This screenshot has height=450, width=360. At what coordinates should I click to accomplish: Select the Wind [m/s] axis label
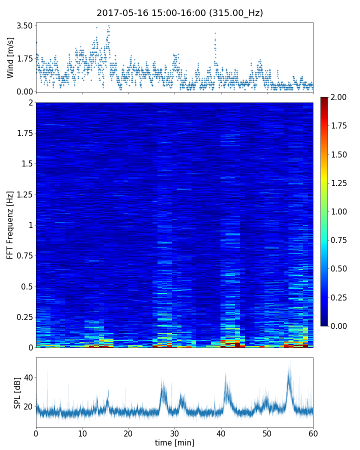(10, 57)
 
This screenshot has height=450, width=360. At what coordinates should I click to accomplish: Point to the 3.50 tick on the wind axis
(24, 25)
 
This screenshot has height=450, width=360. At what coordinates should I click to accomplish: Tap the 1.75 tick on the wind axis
(24, 58)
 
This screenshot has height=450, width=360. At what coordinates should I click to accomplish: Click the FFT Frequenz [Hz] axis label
(10, 225)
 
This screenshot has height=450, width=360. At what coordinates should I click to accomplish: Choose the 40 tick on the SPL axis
(27, 378)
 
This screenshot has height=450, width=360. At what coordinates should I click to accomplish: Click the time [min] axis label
(174, 442)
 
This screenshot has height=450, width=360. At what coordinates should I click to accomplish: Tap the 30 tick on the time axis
(174, 432)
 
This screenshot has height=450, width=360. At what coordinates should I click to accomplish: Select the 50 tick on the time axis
(267, 432)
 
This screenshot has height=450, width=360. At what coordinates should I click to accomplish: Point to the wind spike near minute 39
(215, 33)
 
